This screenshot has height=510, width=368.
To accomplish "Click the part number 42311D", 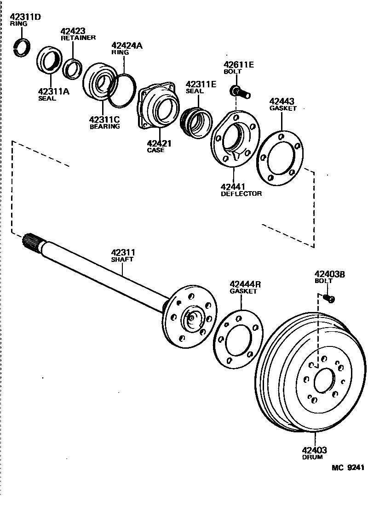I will pos(26,17).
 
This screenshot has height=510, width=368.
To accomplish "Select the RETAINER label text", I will pos(78,38).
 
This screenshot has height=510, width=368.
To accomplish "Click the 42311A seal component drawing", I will pos(48,60).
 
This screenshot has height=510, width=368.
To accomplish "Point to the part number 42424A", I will pos(127,45).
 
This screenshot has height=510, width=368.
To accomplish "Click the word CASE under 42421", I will pos(155,150).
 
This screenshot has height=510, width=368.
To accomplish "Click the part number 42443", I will pos(282,102).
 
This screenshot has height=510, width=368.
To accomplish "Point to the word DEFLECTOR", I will pos(241,193).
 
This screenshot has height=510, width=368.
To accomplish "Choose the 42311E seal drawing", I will pos(196,121).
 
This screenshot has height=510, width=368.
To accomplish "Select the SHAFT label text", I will pos(122,259).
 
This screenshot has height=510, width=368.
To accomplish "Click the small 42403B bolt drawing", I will pos(329,298).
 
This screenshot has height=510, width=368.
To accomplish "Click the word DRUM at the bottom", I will pos(312,457).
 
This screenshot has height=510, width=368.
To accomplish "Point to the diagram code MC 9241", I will pos(348,468).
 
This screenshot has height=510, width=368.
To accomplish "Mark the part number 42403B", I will pos(329,274).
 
